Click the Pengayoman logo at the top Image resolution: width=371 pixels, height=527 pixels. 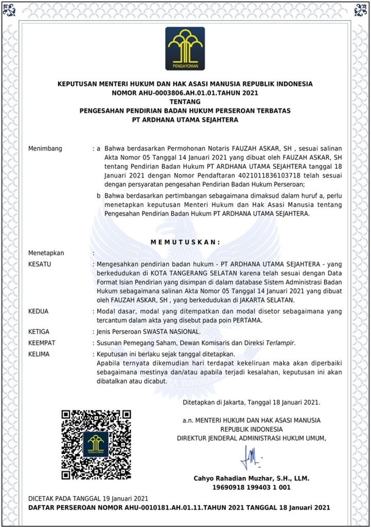tap(185, 48)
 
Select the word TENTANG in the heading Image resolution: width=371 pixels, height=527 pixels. tap(185, 102)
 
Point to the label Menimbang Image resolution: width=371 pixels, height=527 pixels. tap(45, 149)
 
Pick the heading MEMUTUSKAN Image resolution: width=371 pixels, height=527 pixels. tap(185, 242)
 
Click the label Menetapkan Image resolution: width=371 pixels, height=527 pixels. tap(46, 253)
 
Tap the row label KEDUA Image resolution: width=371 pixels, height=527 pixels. tap(39, 311)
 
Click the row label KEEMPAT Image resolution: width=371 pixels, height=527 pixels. tap(43, 343)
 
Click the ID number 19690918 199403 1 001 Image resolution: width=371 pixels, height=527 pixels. tap(251, 487)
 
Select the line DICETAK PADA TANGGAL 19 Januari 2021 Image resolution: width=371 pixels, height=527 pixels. tap(88, 498)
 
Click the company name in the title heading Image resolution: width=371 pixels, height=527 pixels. tap(185, 120)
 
